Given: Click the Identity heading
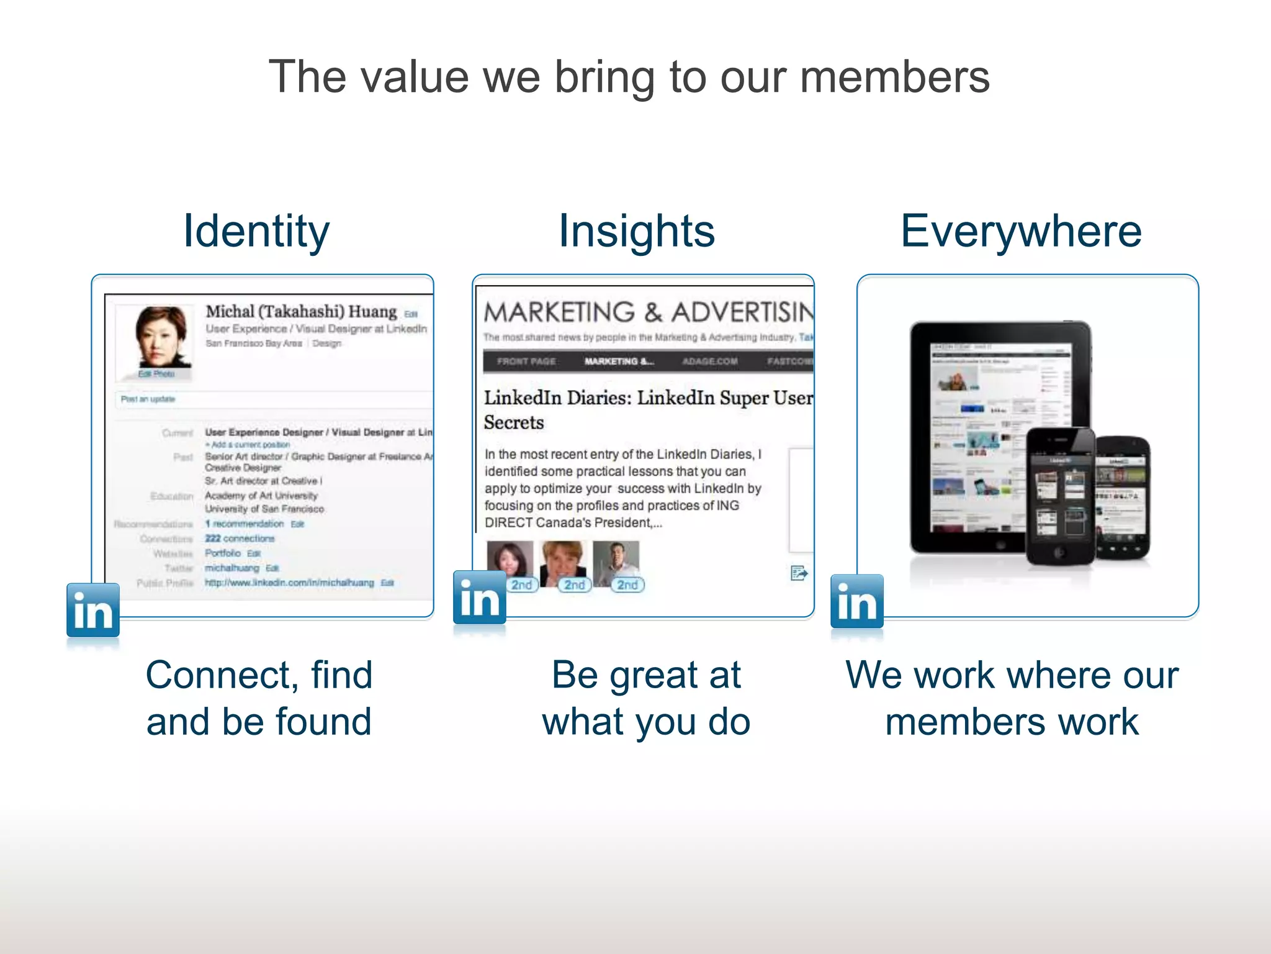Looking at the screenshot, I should point(256,231).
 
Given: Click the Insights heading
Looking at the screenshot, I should point(637,231).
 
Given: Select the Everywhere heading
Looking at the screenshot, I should point(1021,231).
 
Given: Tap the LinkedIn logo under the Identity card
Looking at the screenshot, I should point(93,611).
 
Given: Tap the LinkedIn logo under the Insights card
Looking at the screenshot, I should point(479,597).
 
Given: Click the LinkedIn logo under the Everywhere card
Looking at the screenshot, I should point(856,601).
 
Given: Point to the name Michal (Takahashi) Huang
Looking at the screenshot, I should point(301,311).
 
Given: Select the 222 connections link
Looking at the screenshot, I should point(240,538).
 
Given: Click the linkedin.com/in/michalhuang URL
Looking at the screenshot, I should point(289,583).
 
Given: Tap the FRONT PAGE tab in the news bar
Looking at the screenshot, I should point(526,361).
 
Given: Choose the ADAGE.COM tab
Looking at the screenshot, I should point(710,361).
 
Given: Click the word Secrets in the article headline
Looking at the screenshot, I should point(514,422).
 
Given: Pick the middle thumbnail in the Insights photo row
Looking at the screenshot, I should point(564,563).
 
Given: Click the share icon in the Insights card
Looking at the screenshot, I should point(799,573).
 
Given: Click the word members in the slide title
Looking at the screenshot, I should point(894,77).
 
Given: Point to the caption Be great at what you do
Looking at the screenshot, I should point(646,698).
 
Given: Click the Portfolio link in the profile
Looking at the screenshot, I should point(223,553).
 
